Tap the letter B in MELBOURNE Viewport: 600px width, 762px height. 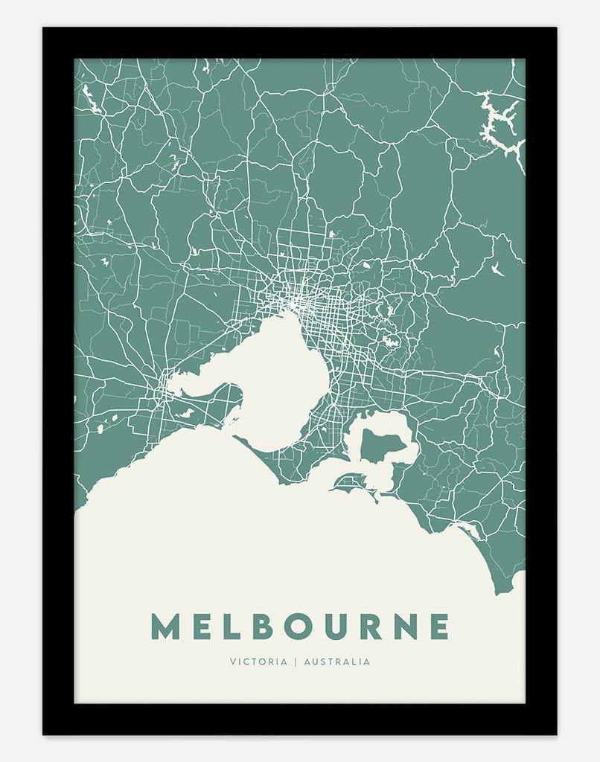click(256, 627)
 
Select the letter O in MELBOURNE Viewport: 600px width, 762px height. click(292, 627)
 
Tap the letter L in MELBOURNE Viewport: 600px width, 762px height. click(226, 627)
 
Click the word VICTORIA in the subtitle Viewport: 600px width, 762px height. click(258, 661)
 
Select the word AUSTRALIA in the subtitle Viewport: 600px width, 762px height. click(337, 661)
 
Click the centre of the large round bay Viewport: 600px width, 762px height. click(287, 380)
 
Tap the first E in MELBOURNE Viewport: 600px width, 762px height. click(199, 627)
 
